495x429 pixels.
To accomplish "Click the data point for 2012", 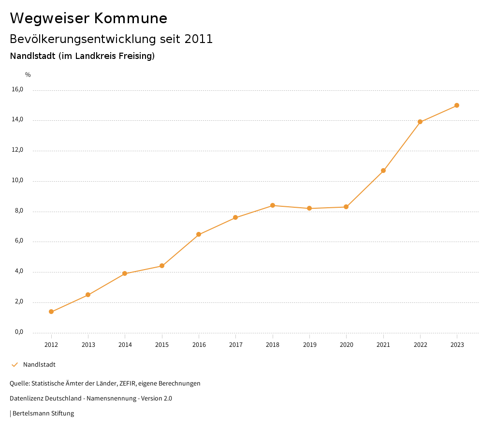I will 51,312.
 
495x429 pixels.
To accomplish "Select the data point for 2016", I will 199,234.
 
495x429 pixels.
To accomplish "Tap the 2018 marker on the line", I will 273,205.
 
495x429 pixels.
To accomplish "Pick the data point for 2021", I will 383,171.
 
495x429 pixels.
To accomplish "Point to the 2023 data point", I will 457,105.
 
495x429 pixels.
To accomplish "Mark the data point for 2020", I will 346,207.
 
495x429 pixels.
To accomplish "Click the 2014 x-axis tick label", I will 125,344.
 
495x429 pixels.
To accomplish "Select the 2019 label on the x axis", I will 309,344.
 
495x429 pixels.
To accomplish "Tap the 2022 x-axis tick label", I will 420,344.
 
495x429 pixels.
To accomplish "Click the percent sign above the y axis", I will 28,74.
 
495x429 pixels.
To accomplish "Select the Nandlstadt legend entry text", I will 39,364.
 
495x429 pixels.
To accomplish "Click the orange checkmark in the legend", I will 15,364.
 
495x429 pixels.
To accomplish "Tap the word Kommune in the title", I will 131,18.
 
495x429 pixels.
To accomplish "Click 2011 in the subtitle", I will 199,39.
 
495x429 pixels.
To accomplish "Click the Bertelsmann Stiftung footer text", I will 43,413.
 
